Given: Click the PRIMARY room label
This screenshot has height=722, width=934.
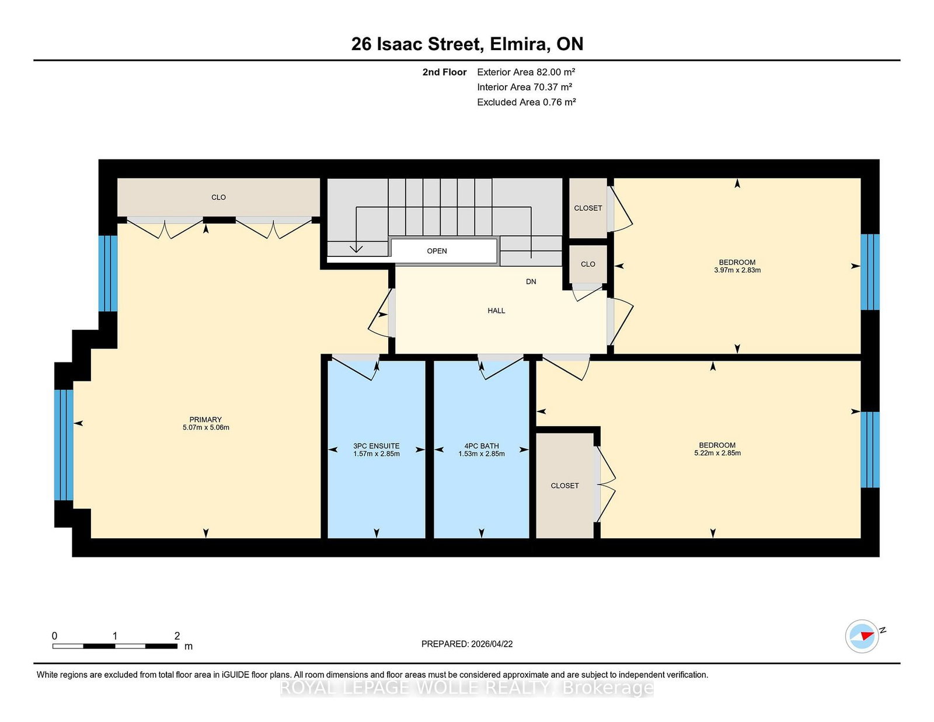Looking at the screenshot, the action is tap(205, 420).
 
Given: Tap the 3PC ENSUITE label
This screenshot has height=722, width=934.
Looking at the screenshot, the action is tap(376, 446).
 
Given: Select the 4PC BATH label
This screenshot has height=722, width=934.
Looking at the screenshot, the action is tap(482, 446).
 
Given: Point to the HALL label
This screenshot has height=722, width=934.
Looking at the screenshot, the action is tap(496, 311).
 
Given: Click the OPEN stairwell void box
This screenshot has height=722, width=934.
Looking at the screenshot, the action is tap(444, 251).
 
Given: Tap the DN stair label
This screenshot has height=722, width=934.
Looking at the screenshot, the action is tap(531, 282).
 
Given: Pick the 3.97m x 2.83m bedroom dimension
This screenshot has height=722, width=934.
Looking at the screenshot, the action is tap(737, 270).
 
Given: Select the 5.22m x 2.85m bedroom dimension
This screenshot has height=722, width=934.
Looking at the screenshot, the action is tap(717, 453).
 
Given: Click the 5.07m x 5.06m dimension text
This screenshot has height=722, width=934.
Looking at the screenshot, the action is tap(206, 428).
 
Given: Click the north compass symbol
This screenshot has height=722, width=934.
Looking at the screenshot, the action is tap(862, 636).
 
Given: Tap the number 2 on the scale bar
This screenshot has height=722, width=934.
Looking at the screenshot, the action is tap(177, 636).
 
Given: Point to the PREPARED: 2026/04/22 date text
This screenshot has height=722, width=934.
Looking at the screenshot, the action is tap(467, 644).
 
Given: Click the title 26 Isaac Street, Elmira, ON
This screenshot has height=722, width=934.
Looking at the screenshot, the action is tap(467, 44).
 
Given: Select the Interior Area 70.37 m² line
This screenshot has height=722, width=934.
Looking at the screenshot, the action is tap(524, 87).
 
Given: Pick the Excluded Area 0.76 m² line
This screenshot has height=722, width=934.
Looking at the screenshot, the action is tap(526, 102).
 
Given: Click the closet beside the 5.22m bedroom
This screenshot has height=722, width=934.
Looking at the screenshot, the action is tap(565, 486).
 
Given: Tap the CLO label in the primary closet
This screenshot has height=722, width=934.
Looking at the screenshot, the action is tap(218, 197).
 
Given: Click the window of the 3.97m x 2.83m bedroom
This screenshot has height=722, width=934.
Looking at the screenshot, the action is tap(870, 272).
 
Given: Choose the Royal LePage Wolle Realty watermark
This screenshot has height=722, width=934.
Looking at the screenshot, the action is tap(467, 688).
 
